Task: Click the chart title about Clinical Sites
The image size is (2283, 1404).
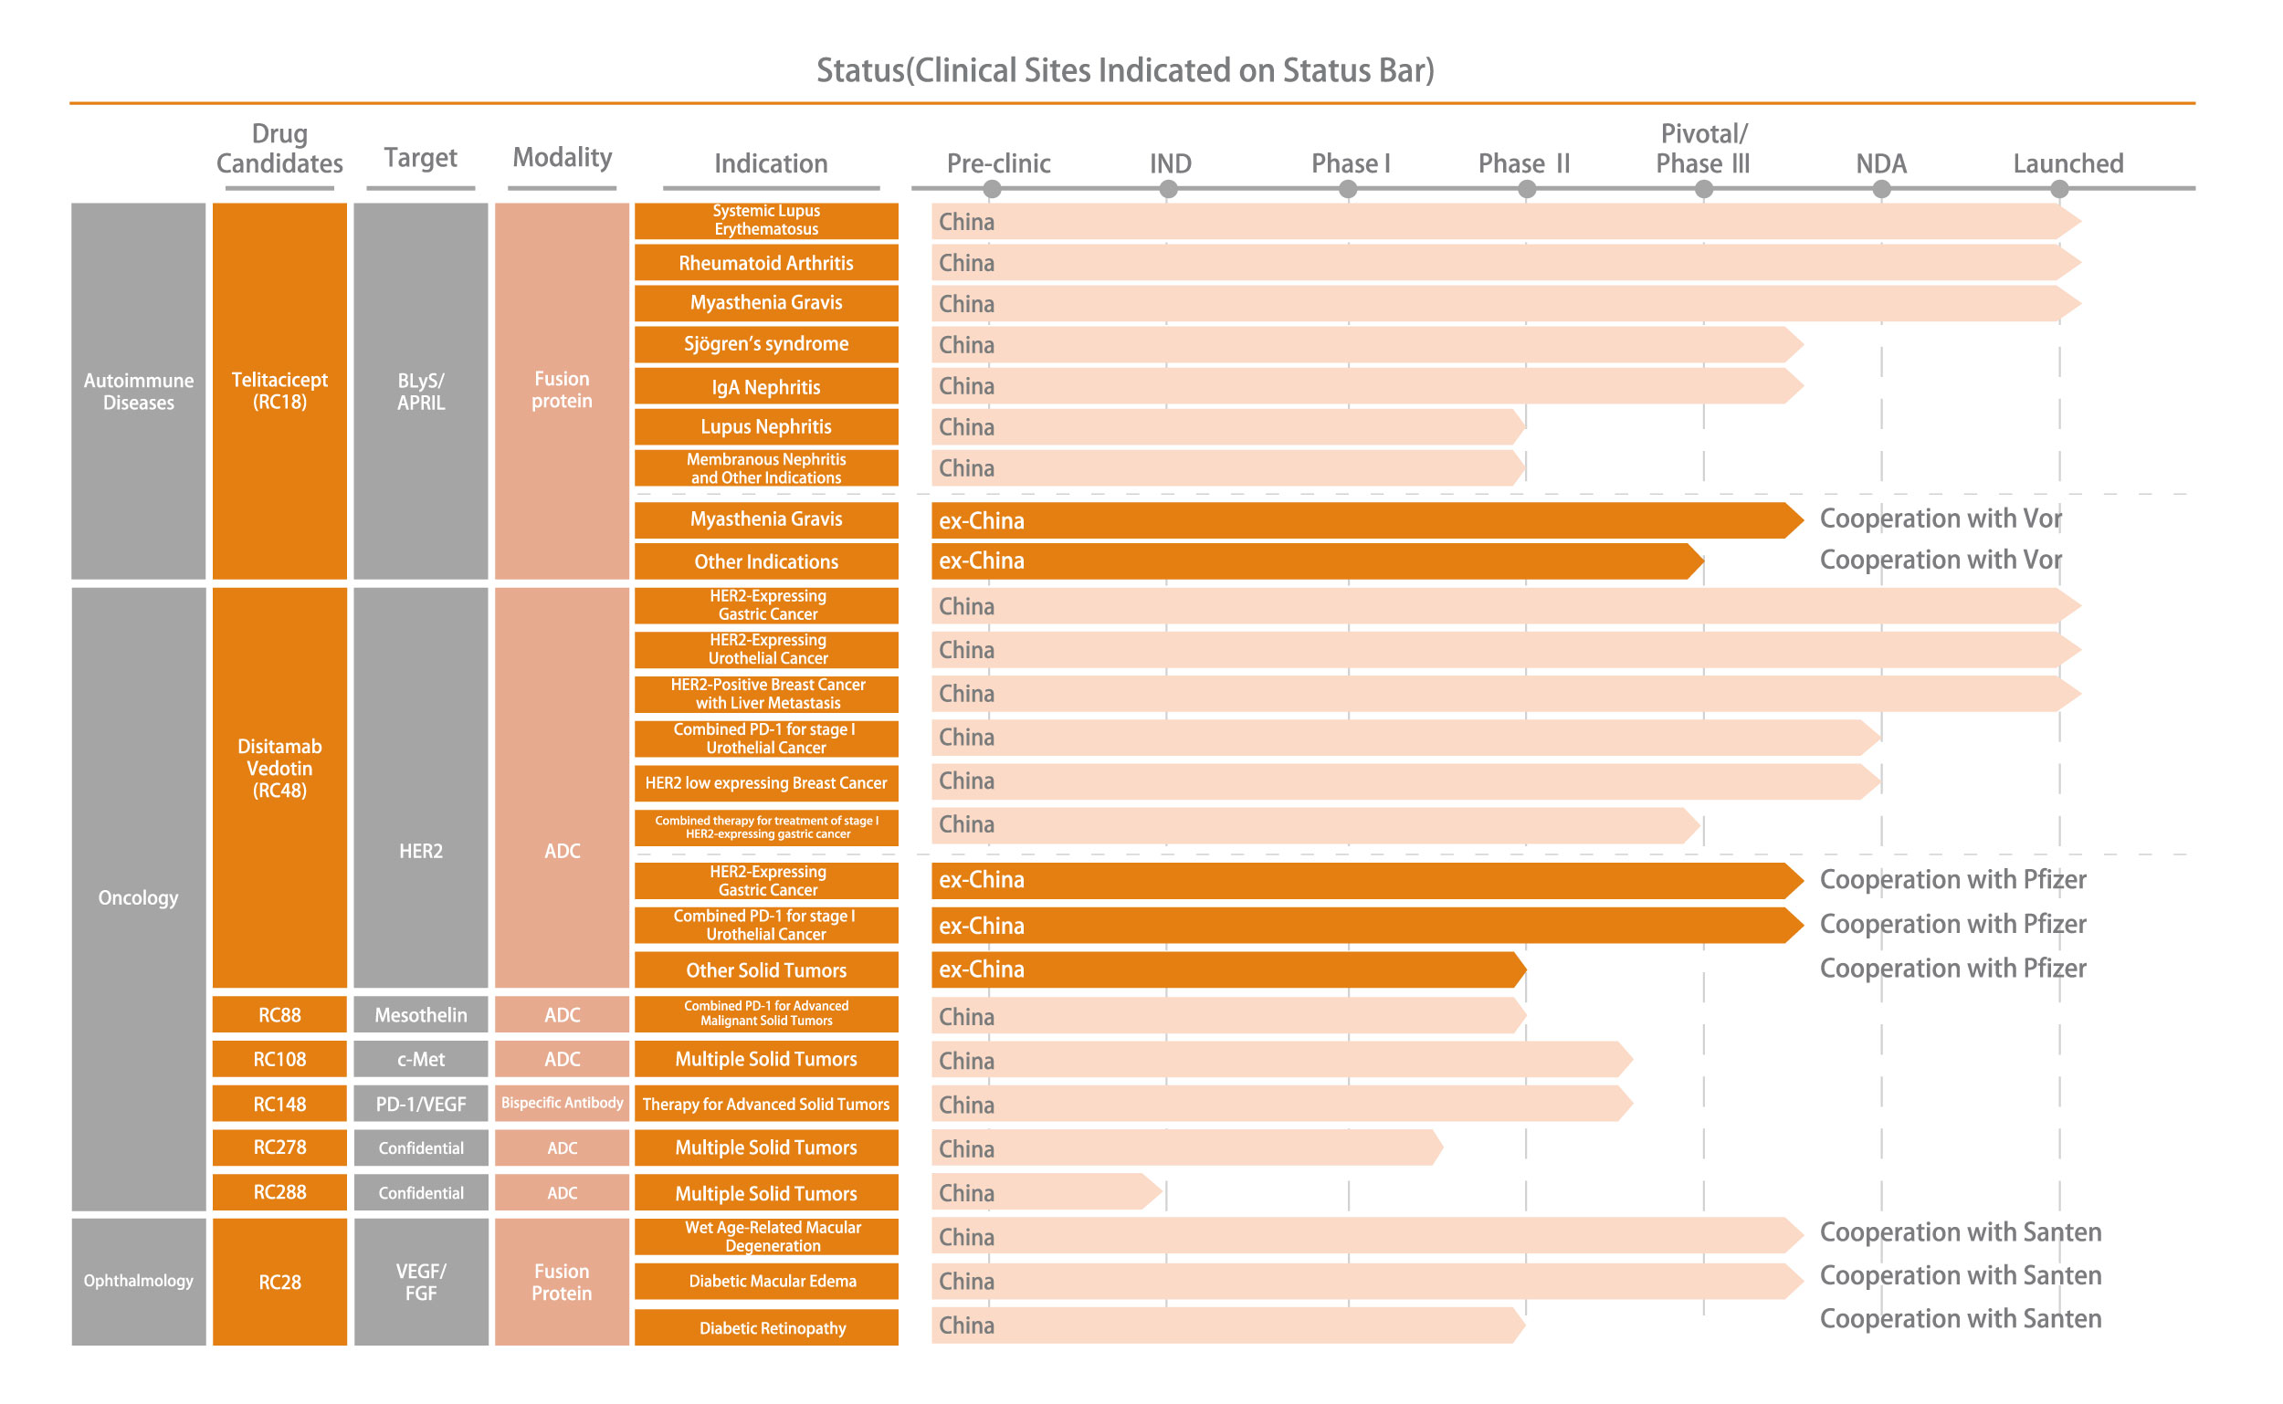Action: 1125,70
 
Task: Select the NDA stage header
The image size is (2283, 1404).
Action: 1880,163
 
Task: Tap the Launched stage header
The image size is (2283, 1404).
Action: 2067,163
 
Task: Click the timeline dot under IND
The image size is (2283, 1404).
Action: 1168,190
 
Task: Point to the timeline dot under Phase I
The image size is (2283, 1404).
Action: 1348,190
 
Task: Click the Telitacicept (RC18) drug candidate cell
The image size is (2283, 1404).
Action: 279,391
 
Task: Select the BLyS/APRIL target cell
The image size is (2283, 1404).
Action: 421,391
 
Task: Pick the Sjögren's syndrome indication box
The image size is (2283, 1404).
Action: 766,344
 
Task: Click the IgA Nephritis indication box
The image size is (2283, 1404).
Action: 766,386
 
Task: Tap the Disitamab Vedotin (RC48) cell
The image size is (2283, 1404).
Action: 279,769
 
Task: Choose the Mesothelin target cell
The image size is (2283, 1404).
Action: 421,1015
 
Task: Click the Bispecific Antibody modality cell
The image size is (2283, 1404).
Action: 562,1103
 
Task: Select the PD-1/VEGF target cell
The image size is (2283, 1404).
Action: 421,1104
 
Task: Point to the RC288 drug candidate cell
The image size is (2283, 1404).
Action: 279,1192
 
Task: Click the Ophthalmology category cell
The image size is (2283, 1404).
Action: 139,1282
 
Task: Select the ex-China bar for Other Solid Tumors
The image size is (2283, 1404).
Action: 1226,969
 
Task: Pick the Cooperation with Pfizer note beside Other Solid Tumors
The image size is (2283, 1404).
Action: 1952,969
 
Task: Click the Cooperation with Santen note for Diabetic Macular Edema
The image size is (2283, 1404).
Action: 1960,1276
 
